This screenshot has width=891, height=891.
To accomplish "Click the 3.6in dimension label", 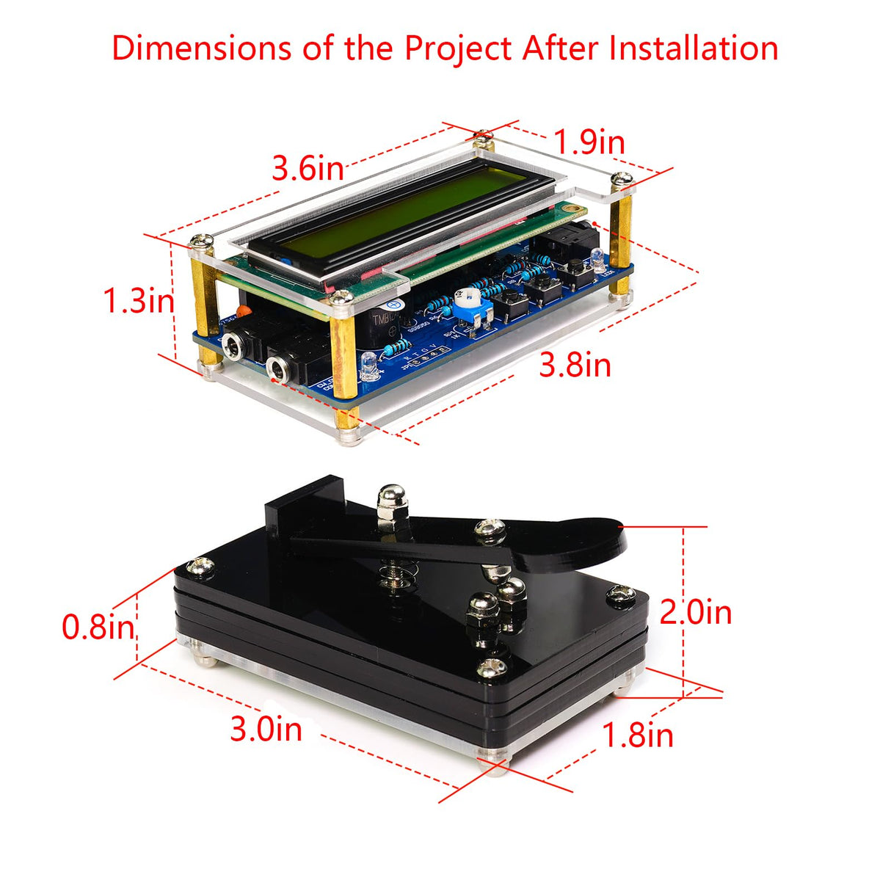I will [x=308, y=169].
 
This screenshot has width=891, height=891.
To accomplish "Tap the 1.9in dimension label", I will [x=589, y=142].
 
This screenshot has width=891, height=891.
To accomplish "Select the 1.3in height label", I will [x=139, y=301].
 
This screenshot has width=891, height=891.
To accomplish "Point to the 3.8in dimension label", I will [x=575, y=365].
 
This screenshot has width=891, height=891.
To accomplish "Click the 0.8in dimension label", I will [x=98, y=627].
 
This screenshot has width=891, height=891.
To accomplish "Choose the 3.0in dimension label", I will [x=266, y=729].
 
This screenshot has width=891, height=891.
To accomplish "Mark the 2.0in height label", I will [x=695, y=611].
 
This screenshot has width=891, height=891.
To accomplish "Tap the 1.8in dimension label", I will [x=637, y=735].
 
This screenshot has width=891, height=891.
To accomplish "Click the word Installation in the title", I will [x=693, y=48].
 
